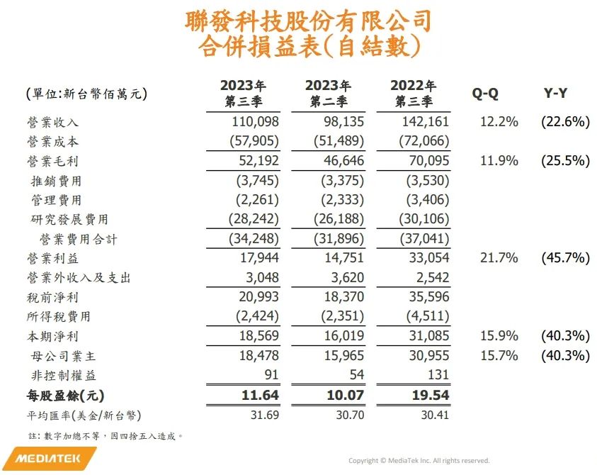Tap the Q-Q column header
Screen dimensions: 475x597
pos(486,93)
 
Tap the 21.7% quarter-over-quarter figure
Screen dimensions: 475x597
pos(499,258)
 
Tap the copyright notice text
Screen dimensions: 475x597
pos(419,460)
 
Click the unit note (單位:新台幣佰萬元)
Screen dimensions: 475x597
pos(81,94)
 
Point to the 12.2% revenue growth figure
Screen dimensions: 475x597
pos(499,122)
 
